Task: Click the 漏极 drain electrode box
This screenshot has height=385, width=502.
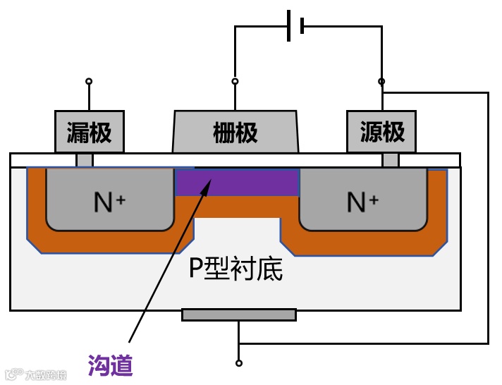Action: [90, 132]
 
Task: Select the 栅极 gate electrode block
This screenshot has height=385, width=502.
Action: [235, 132]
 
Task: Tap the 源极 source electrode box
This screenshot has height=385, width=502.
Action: [381, 132]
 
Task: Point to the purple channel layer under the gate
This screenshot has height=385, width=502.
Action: [237, 183]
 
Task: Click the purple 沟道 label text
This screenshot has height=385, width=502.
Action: [111, 365]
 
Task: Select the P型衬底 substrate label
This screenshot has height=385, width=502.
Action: [236, 268]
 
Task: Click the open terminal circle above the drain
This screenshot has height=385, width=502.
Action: [89, 81]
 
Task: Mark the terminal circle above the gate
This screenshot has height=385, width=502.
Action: [235, 81]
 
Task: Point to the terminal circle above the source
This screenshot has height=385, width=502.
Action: [381, 82]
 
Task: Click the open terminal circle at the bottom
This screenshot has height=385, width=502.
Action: [239, 363]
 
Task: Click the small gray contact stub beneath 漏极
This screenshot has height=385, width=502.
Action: [85, 160]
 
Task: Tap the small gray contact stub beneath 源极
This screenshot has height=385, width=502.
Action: [390, 160]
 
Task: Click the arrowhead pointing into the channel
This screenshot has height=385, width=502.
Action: [207, 184]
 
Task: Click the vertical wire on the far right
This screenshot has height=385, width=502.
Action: [488, 219]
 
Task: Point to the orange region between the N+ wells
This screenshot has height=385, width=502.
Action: [237, 207]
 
